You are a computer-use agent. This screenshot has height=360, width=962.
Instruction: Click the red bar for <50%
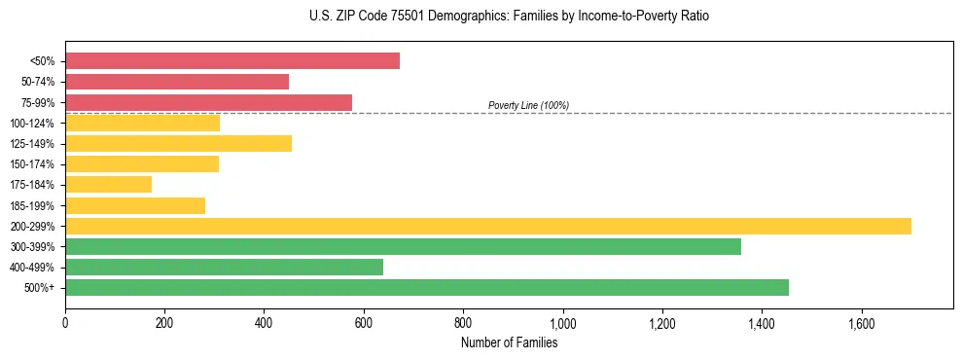pos(232,61)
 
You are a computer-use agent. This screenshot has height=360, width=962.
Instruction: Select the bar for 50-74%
pos(177,82)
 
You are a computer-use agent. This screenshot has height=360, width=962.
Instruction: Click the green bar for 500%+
pos(427,287)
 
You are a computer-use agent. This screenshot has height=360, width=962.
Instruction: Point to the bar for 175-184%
pos(108,184)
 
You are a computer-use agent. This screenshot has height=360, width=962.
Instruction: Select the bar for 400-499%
pos(224,267)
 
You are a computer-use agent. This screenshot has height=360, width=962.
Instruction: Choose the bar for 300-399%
pos(403,246)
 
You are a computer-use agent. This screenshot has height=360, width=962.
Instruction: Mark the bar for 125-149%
pos(178,143)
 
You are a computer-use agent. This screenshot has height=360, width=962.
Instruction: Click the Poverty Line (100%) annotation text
pos(528,105)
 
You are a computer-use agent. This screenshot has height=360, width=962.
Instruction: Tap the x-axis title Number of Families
pos(509,342)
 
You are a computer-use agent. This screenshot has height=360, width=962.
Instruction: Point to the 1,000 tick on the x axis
pos(562,323)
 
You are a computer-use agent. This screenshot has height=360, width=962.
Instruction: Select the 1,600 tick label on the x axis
pos(861,323)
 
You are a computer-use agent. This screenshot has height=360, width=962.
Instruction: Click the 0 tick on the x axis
pos(65,323)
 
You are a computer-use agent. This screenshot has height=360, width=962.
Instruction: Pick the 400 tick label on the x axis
pos(264,323)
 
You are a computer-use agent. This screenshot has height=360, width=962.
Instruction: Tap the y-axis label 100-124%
pos(32,124)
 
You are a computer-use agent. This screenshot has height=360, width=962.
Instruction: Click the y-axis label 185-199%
pos(32,205)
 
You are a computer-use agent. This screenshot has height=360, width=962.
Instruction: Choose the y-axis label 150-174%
pos(32,164)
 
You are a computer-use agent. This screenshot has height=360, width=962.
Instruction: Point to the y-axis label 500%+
pos(39,288)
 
